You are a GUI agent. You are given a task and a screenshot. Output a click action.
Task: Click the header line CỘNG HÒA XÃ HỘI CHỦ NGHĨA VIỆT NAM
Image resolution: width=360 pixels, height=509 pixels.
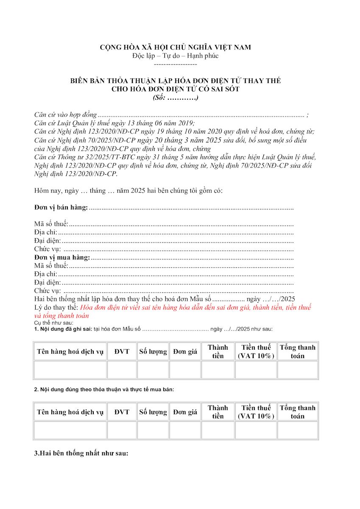[175, 47]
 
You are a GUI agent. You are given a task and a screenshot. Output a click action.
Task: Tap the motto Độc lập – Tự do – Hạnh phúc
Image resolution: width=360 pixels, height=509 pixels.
[175, 56]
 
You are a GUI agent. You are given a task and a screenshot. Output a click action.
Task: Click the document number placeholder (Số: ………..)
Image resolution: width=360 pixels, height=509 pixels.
[175, 98]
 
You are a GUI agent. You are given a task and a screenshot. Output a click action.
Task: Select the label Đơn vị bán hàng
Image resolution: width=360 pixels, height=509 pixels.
[61, 207]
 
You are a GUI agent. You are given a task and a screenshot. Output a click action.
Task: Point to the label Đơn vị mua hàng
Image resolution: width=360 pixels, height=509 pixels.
[62, 257]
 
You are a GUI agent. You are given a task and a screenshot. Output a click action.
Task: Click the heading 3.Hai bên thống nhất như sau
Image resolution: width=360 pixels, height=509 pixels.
[81, 453]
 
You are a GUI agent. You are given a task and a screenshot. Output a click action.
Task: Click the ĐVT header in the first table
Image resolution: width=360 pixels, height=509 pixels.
[122, 351]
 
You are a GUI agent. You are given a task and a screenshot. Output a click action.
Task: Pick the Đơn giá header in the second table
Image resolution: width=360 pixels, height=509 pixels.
[185, 412]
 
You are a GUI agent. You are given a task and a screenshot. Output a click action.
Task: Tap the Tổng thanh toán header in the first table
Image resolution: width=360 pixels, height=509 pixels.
[297, 351]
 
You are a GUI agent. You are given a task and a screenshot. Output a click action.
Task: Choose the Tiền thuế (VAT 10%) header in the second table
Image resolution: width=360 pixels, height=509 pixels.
[256, 412]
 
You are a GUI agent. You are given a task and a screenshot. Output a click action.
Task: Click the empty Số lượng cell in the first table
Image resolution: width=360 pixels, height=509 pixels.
[153, 370]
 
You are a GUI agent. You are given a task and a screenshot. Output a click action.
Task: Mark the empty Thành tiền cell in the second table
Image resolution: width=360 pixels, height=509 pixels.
[218, 430]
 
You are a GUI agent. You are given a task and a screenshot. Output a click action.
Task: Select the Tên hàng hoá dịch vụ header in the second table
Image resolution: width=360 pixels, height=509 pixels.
[70, 412]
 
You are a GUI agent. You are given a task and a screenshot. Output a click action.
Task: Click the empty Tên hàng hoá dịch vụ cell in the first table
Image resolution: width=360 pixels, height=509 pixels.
[70, 370]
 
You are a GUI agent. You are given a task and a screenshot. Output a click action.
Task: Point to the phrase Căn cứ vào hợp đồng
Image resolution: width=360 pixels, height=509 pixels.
[65, 115]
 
